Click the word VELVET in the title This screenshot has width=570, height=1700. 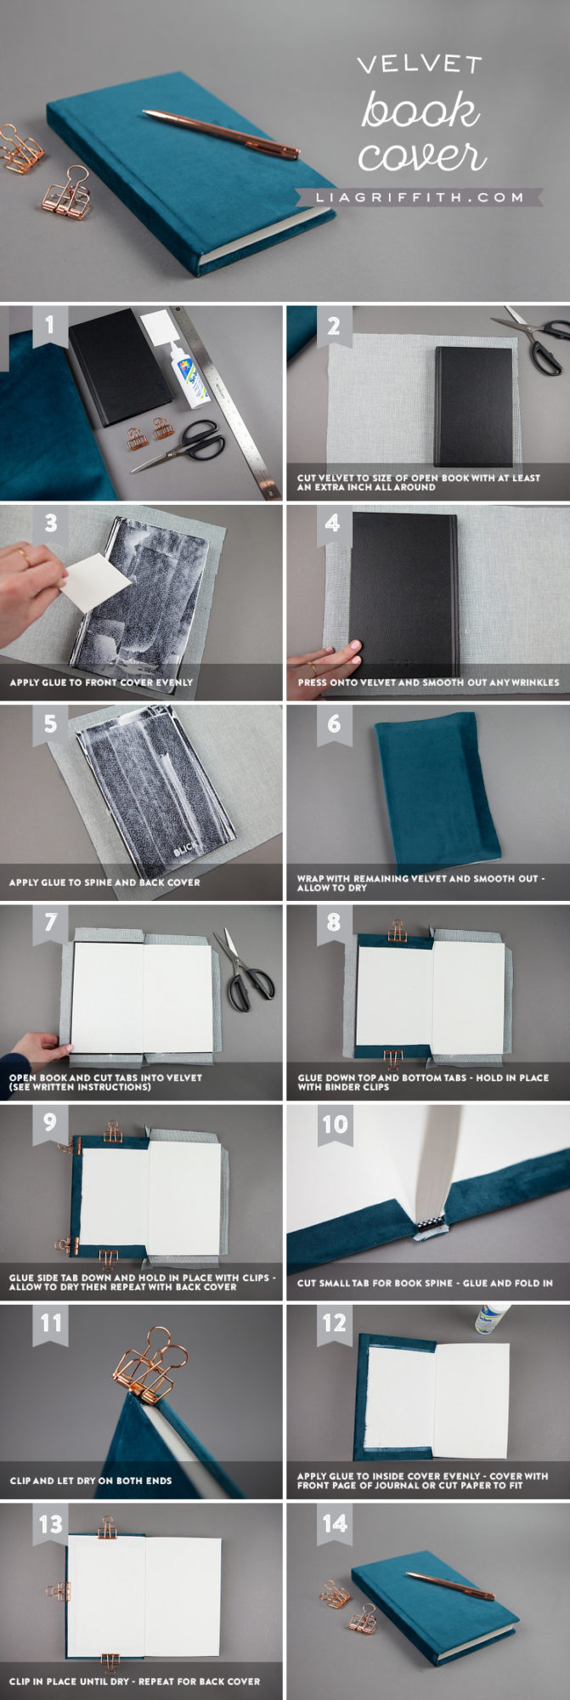pyautogui.click(x=419, y=65)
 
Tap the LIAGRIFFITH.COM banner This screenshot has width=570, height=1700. pyautogui.click(x=420, y=197)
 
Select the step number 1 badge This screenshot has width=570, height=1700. pyautogui.click(x=49, y=326)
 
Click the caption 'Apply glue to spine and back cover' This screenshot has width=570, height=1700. pyautogui.click(x=104, y=882)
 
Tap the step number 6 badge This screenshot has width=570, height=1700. pyautogui.click(x=333, y=723)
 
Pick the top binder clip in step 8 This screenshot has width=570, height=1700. pyautogui.click(x=397, y=931)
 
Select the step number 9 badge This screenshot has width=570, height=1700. pyautogui.click(x=49, y=1122)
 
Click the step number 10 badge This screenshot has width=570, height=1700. pyautogui.click(x=334, y=1125)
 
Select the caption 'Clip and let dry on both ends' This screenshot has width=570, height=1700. pyautogui.click(x=91, y=1481)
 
